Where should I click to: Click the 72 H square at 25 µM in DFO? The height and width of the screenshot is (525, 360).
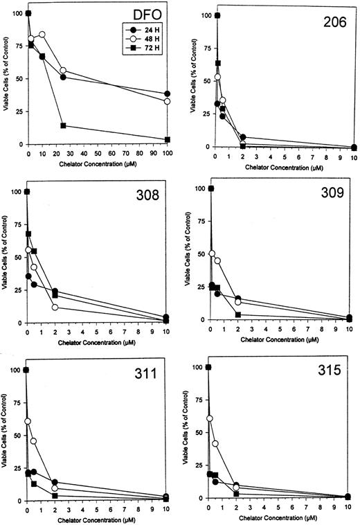(63, 126)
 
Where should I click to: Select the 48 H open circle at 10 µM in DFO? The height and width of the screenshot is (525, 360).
(42, 35)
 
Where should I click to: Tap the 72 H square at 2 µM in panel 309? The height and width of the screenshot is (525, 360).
(238, 315)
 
